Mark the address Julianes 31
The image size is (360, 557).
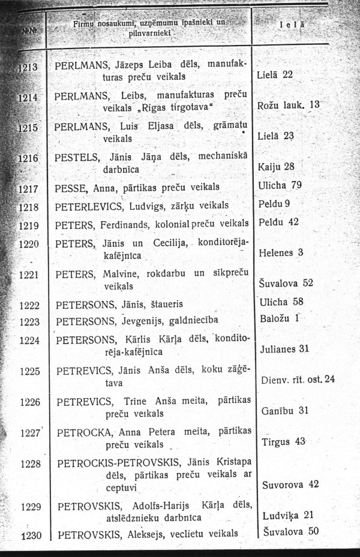pyautogui.click(x=286, y=348)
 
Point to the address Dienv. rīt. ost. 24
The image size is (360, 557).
pyautogui.click(x=298, y=380)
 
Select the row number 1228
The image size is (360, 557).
pyautogui.click(x=29, y=463)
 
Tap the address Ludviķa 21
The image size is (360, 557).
pyautogui.click(x=288, y=514)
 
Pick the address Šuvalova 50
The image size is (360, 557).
pyautogui.click(x=290, y=531)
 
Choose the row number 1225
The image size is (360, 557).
pyautogui.click(x=29, y=371)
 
